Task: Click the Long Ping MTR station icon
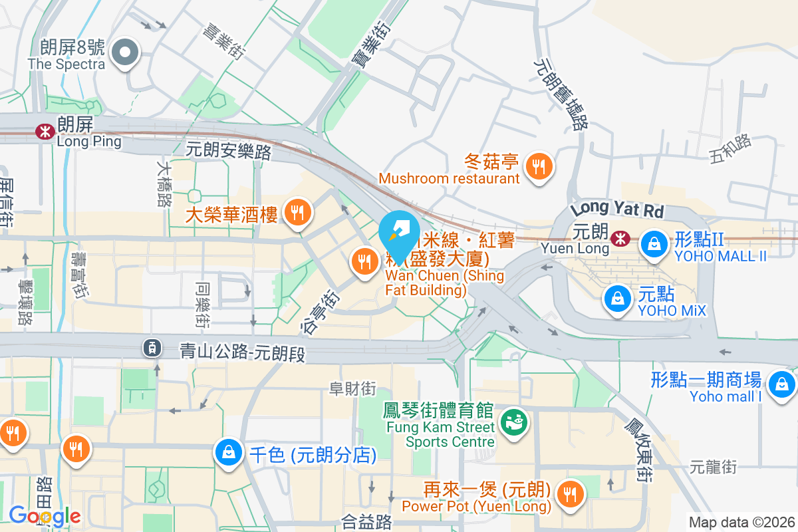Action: click(45, 131)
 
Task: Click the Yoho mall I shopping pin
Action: click(781, 384)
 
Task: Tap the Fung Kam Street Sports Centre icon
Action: click(512, 420)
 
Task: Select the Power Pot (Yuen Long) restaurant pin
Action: click(570, 493)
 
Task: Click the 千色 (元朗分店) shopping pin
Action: click(229, 454)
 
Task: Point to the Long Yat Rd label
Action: click(617, 208)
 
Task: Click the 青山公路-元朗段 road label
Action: click(242, 352)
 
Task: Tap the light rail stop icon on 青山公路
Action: click(152, 346)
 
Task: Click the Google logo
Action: click(44, 516)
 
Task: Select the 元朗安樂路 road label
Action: click(229, 151)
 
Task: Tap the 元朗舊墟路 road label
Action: click(561, 92)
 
